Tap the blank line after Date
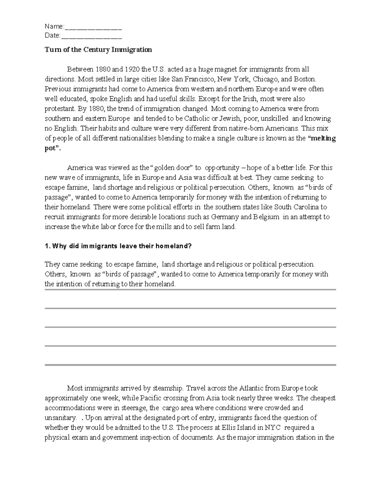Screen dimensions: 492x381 (x=91, y=36)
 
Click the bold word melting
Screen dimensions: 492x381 (x=323, y=138)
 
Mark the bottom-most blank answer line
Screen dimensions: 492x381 (x=190, y=365)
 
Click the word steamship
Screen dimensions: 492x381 (x=167, y=388)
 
